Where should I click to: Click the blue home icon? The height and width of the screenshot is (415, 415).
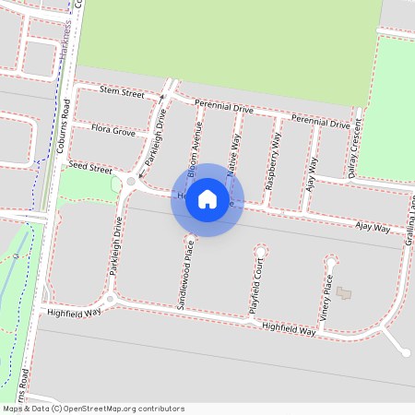(x=207, y=198)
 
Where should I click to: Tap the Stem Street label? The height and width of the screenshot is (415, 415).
(x=122, y=93)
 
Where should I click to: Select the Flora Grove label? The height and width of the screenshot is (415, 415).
(x=113, y=132)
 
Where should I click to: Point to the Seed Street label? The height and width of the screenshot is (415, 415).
(x=89, y=169)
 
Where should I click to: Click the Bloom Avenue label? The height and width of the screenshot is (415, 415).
(x=195, y=148)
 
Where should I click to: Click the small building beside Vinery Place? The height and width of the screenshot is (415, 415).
(x=344, y=293)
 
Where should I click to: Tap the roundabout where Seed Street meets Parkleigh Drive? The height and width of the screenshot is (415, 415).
(x=131, y=183)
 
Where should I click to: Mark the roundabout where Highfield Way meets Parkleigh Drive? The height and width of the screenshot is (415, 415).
(x=110, y=299)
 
